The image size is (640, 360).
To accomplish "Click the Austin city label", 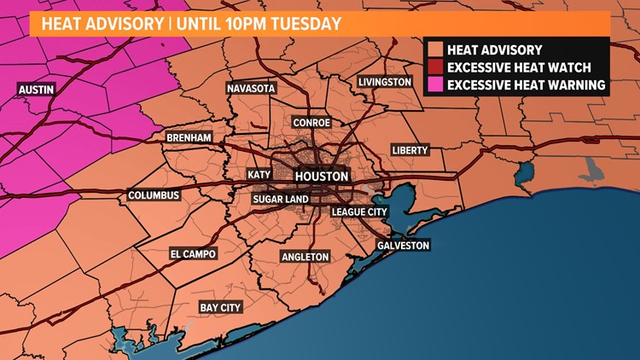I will coord(37,88).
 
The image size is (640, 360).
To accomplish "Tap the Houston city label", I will coord(321,176).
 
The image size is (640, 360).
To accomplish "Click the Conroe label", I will coord(312,122).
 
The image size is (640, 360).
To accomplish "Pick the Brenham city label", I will coord(189,137).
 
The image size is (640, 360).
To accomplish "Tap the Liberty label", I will coord(410,149).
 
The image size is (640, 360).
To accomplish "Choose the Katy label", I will coord(259,175).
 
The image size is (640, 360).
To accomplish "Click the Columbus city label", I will coord(154,195).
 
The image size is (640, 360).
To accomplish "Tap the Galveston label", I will coord(403,245).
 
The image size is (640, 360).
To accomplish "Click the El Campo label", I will coord(193,253).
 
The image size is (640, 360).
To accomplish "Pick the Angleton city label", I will coord(305,256).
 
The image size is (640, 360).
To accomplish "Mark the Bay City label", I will coord(220,307).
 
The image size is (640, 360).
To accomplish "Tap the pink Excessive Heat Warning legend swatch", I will coord(436,84).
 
